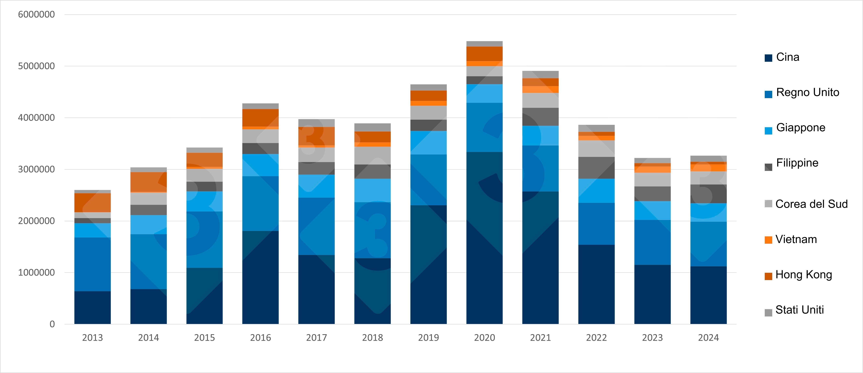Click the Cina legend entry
tap(787, 57)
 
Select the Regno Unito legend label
tap(807, 92)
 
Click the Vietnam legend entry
tap(796, 239)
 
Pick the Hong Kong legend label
tap(803, 275)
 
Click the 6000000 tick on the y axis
tap(36, 14)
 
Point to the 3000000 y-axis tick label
tap(36, 169)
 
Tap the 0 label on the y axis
tap(52, 324)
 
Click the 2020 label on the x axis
tap(484, 337)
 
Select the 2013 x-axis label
tap(92, 337)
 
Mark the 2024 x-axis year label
tap(708, 337)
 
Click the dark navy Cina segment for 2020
tap(484, 238)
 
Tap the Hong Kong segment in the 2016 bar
tap(260, 118)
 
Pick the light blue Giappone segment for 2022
tap(596, 191)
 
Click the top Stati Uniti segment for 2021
tap(540, 74)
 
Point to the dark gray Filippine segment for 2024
tap(708, 194)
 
